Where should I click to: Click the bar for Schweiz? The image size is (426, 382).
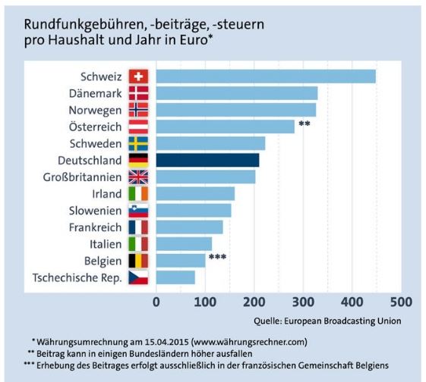pos(265,77)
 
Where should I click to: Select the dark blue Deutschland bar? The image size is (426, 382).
pos(207,160)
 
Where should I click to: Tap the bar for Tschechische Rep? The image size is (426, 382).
pos(175,277)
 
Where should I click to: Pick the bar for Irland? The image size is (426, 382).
pos(194,194)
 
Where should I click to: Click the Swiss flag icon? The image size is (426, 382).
pos(138,77)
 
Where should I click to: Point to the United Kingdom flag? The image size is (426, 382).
pos(138,177)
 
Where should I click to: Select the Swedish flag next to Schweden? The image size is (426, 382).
pos(138,144)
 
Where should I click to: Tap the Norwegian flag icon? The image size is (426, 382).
pos(138,110)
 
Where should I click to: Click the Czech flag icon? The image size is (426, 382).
pos(138,277)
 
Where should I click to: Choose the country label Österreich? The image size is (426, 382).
pos(94,127)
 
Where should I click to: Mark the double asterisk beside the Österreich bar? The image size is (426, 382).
pos(304,124)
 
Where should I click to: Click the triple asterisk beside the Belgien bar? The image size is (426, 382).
pos(218,258)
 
